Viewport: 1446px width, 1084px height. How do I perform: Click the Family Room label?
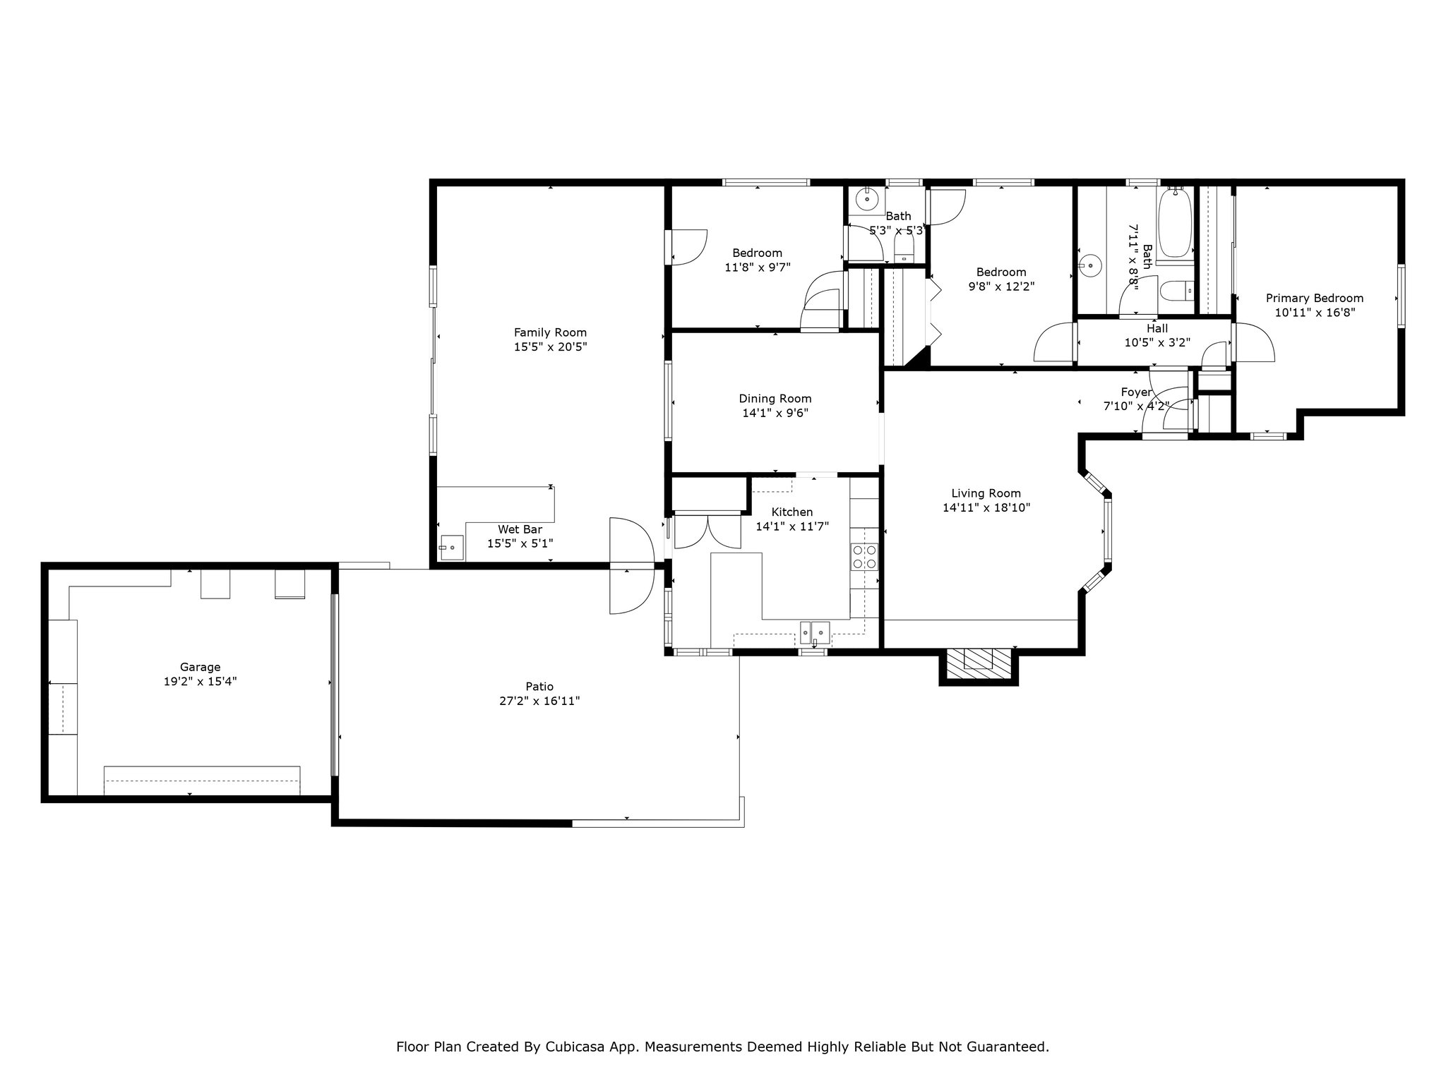550,332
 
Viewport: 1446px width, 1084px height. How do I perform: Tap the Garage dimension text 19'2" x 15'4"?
201,682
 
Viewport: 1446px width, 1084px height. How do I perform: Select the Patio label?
539,687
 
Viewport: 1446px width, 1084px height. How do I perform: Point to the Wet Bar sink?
452,547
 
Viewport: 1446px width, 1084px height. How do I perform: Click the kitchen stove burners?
864,556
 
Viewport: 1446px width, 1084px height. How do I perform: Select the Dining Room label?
775,399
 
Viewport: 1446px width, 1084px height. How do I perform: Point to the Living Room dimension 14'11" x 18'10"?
986,507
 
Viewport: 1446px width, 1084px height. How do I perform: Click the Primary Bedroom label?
1315,299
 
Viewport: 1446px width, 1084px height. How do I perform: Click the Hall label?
1157,328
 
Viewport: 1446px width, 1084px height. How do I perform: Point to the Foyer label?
1137,392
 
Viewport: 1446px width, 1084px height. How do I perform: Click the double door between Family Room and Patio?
633,565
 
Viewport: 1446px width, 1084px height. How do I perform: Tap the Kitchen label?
792,512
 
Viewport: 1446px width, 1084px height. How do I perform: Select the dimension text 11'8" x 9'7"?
758,267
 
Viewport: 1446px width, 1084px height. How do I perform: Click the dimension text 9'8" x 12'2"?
1001,287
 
